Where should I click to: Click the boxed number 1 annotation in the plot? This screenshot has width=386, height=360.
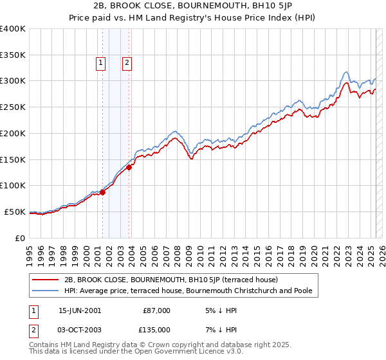pos(102,63)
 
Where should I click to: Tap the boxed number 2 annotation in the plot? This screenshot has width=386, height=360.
pos(127,63)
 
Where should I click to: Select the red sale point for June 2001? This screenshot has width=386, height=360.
pos(102,192)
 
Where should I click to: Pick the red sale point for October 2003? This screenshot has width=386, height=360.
pos(129,167)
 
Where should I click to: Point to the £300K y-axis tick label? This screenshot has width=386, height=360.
pos(13,81)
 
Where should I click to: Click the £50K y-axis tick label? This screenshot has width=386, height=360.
pos(15,212)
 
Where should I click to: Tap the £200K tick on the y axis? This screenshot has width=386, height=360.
pos(13,133)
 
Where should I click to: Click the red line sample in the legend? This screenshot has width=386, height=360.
pos(45,280)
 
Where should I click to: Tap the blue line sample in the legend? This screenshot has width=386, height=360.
pos(45,291)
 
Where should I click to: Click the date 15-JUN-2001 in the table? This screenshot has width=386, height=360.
pos(80,310)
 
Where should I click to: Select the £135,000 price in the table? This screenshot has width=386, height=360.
pos(156,330)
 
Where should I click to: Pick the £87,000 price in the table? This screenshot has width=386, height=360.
pos(156,310)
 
